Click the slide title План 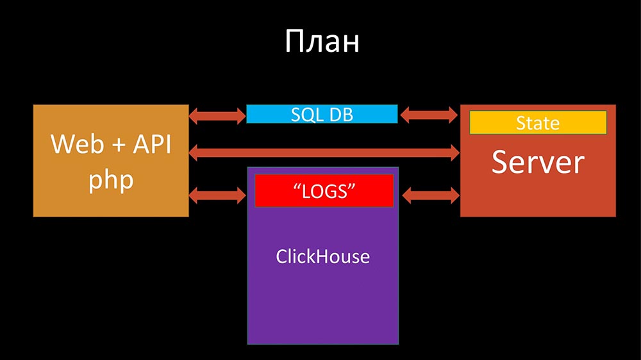coord(322,42)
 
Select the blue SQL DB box coord(322,114)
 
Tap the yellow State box coord(538,122)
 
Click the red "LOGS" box coord(324,190)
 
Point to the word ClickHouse coord(323,257)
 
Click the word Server coord(538,163)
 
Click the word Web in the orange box coord(69,145)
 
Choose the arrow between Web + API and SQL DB coord(218,116)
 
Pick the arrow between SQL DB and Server coord(429,116)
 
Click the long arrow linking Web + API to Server coord(324,152)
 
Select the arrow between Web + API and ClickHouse coord(218,194)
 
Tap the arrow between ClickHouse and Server coord(429,194)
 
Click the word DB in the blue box coord(340,114)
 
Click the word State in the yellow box coord(538,122)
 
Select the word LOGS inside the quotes coord(324,191)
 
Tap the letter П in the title coord(294,42)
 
